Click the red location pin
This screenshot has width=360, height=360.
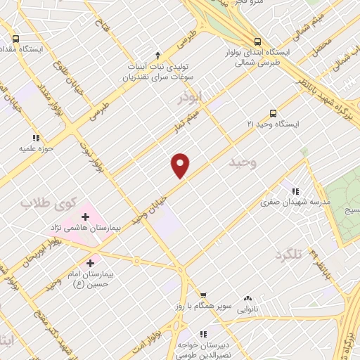click(181, 165)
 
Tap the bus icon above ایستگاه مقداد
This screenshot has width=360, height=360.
click(16, 39)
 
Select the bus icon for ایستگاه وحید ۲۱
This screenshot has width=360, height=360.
click(273, 112)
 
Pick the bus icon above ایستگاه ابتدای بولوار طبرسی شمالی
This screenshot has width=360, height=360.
click(258, 41)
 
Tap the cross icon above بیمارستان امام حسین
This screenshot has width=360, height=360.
click(89, 263)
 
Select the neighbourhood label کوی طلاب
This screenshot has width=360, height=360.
click(36, 203)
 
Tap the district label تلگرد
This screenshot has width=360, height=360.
click(288, 254)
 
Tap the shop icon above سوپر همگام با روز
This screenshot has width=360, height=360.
click(202, 295)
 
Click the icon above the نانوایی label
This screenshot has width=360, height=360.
click(246, 299)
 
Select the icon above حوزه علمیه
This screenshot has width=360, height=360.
click(35, 138)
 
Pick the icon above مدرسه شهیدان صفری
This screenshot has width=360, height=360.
click(295, 191)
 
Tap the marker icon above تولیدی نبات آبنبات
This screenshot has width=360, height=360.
click(157, 55)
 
